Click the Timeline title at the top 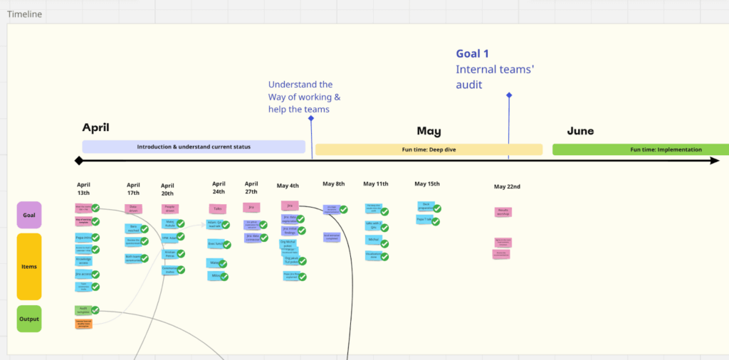click(x=24, y=14)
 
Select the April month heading click(x=95, y=127)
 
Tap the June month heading click(x=580, y=131)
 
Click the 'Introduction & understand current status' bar click(x=194, y=147)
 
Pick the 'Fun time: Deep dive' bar click(x=429, y=149)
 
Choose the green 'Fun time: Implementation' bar click(x=640, y=149)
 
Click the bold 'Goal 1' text click(x=473, y=53)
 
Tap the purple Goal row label click(x=29, y=214)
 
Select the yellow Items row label click(x=29, y=267)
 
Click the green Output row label click(x=29, y=319)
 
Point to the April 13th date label click(x=83, y=189)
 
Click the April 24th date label click(x=219, y=188)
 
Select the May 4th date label click(x=288, y=186)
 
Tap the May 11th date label click(x=376, y=184)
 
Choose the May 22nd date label click(x=507, y=187)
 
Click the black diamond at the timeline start click(x=79, y=161)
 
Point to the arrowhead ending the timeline click(x=715, y=161)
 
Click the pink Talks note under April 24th click(x=218, y=208)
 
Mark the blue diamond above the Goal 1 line click(x=509, y=95)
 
